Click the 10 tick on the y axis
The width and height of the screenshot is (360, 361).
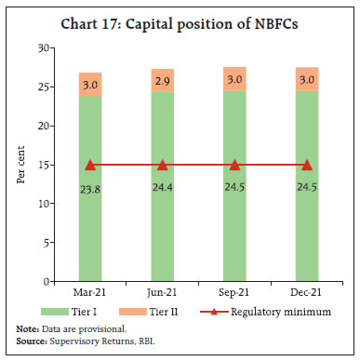pos(43,203)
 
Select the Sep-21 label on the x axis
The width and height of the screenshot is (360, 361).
pos(234,291)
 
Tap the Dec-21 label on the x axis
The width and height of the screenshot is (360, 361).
pos(307,291)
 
